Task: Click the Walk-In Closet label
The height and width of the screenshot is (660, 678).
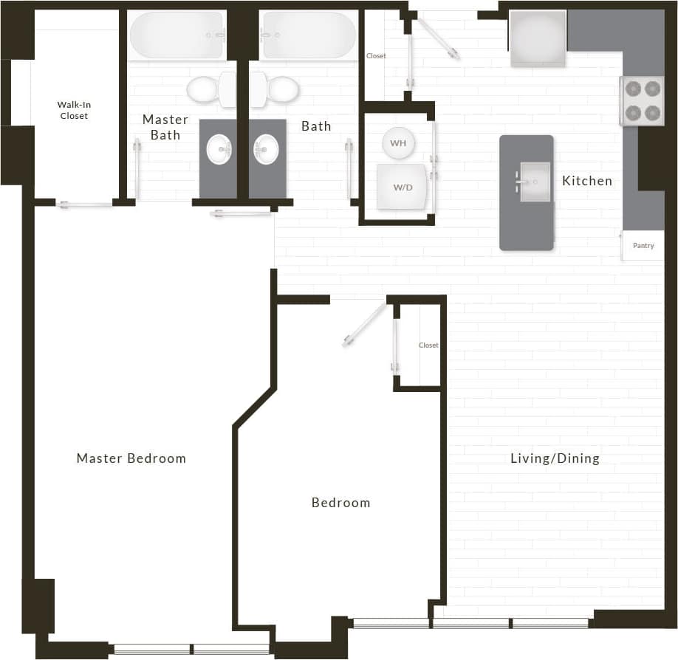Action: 73,110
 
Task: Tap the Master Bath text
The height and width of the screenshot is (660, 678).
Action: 165,127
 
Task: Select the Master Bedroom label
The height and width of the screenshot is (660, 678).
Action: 131,458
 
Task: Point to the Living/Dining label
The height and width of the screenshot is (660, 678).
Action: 555,458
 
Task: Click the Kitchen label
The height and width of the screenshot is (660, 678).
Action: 587,181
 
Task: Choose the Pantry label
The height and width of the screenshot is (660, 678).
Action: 643,246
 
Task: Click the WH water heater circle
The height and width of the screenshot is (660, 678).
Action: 398,143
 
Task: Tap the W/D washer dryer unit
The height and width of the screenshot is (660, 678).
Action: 403,187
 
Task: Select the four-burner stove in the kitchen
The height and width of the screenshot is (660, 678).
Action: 642,101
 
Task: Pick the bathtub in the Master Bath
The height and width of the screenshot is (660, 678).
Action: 177,35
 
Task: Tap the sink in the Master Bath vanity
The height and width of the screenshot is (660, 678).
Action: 219,150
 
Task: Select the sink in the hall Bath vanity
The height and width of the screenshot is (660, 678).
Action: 267,150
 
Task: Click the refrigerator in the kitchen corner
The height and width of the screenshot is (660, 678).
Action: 538,38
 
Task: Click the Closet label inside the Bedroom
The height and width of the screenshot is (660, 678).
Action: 428,346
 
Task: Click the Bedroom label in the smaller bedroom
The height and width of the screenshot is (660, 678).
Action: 340,503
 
